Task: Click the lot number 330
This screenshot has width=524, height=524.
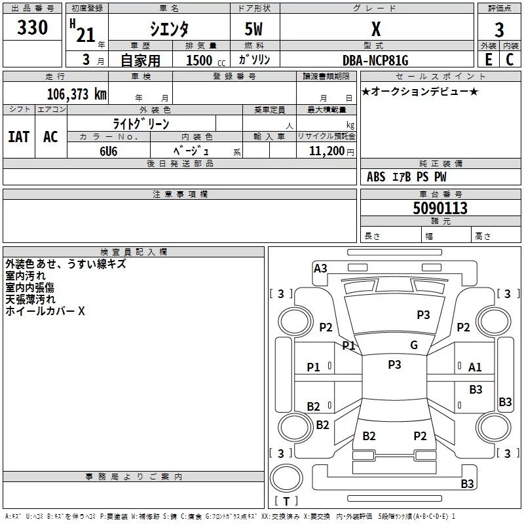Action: (x=32, y=28)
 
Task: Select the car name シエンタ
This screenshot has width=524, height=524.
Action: (x=170, y=29)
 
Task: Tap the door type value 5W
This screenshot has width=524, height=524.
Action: (x=254, y=30)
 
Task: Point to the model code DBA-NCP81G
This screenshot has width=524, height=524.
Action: (x=375, y=60)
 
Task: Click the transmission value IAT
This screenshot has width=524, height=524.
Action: (x=18, y=137)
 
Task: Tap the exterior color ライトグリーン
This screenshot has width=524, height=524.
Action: (x=141, y=123)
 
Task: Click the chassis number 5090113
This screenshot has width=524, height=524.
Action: (x=440, y=209)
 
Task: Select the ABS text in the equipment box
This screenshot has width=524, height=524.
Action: (x=376, y=177)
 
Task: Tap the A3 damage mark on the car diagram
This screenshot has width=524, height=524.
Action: (x=320, y=268)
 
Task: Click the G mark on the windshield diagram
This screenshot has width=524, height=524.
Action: (x=413, y=345)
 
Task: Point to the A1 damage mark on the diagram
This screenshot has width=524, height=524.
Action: (x=475, y=367)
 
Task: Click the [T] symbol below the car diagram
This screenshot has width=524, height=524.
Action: (x=286, y=501)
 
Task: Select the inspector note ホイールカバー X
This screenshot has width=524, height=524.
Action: (x=45, y=312)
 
